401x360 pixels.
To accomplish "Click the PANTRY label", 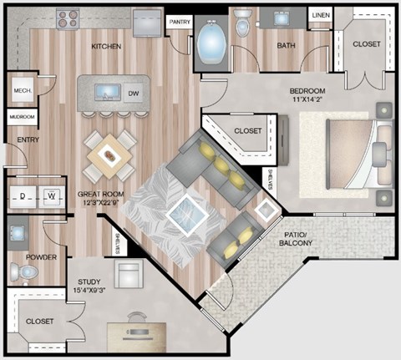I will click(179, 23).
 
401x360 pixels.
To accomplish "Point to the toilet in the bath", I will click(242, 25).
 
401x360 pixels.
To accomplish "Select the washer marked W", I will click(51, 197).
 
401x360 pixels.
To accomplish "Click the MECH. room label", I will click(20, 90).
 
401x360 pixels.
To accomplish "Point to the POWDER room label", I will click(40, 256).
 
